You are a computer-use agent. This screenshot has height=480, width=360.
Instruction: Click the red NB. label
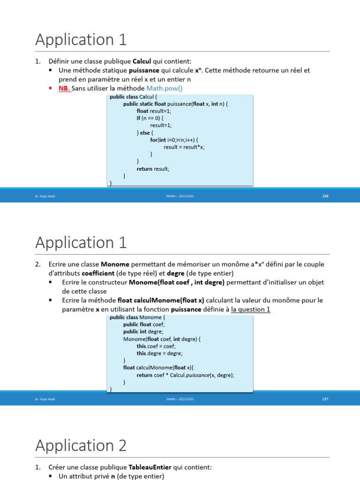[x=65, y=88]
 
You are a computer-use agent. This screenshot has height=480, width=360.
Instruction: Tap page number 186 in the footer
[x=325, y=196]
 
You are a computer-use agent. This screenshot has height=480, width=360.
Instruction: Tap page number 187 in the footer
[x=325, y=399]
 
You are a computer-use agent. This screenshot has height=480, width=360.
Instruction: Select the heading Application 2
[x=81, y=445]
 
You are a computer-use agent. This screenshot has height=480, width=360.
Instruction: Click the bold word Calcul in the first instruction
[x=142, y=61]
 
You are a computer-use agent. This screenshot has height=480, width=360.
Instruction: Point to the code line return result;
[x=153, y=169]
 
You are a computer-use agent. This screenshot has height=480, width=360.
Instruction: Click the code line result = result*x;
[x=184, y=147]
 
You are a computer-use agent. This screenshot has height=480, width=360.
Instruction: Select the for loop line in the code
[x=174, y=140]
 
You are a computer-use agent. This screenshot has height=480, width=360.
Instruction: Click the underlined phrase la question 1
[x=251, y=309]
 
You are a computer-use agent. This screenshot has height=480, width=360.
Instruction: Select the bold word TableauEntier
[x=150, y=467]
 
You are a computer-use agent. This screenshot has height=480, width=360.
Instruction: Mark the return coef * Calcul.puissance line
[x=185, y=375]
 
